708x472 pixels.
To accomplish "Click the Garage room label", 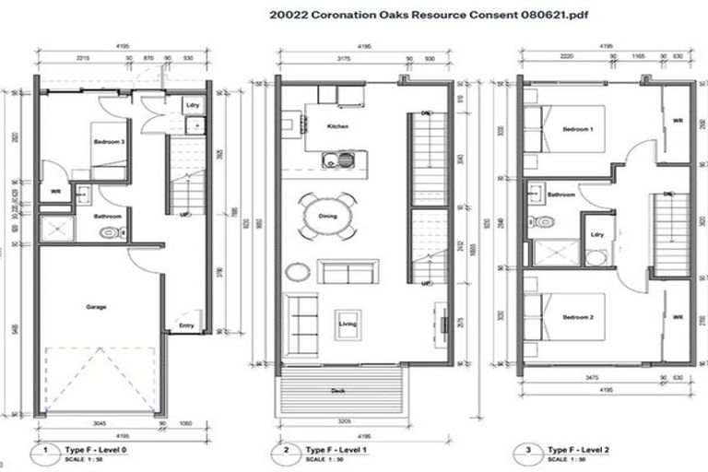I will tap(96, 307).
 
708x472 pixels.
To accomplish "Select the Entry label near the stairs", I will tap(186, 325).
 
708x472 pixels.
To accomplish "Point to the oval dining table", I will tap(327, 217).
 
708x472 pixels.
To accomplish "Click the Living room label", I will tap(348, 324).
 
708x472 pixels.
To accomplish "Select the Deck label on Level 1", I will tap(338, 391).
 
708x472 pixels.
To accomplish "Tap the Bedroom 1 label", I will tap(578, 129).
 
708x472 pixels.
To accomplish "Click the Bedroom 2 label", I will tap(578, 316).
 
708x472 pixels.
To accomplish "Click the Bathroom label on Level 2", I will tap(561, 195).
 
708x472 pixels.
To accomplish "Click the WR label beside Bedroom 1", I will tap(678, 121).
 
